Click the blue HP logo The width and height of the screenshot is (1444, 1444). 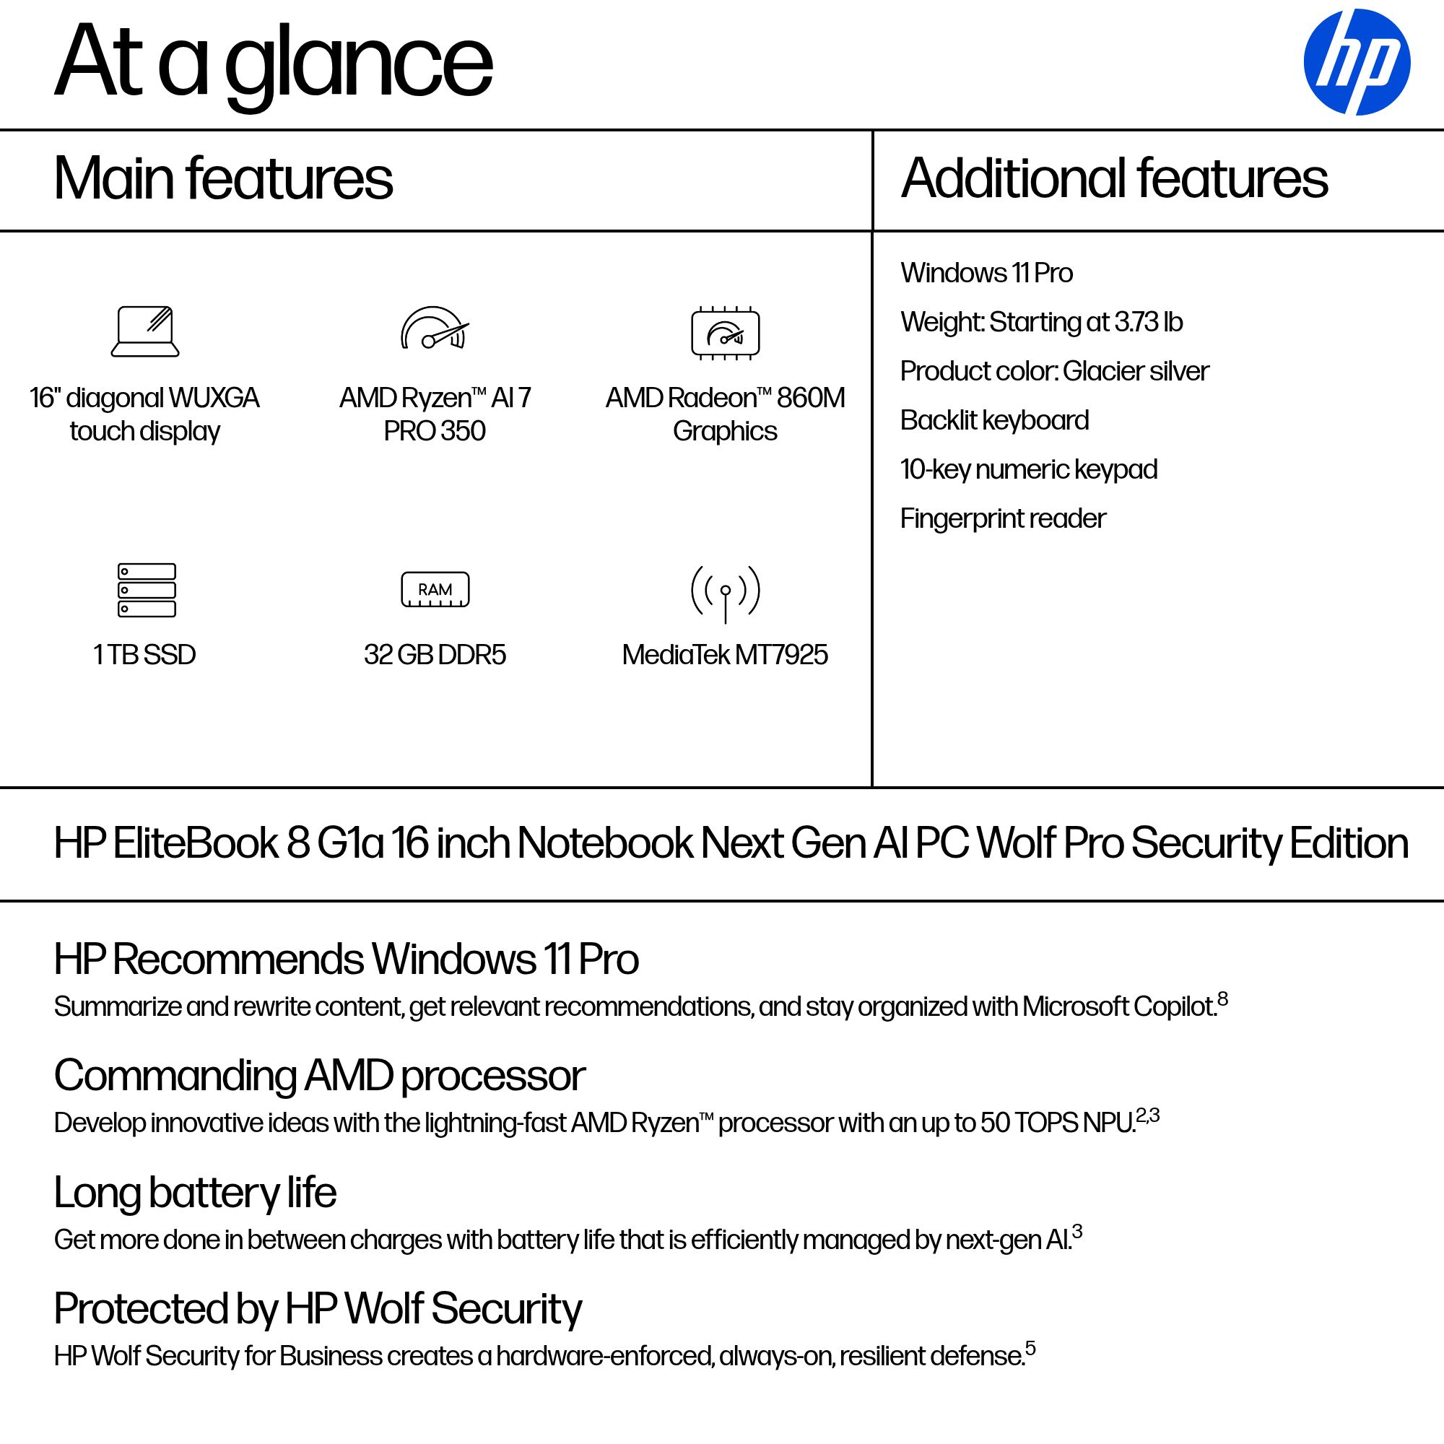point(1357,62)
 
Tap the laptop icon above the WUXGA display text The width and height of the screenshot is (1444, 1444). point(145,331)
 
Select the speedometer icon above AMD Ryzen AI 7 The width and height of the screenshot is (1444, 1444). point(435,329)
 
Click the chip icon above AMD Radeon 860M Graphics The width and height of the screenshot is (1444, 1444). point(725,333)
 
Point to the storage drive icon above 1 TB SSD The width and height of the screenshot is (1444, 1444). point(147,590)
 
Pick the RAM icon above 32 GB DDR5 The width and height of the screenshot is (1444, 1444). point(435,590)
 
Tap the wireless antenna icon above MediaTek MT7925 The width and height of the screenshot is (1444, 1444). point(725,593)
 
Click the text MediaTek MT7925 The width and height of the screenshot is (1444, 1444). point(724,655)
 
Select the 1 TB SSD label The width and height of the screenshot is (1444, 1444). point(144,655)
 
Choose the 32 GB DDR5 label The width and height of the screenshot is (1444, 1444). point(435,655)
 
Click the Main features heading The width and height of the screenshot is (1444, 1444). point(222,178)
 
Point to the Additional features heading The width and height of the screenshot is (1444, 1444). point(1114,178)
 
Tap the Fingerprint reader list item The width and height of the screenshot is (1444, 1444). point(1002,518)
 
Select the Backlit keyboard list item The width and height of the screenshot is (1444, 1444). point(994,421)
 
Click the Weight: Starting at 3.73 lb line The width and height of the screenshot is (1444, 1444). point(1041,322)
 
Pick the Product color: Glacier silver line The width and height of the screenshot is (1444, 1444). point(1054,371)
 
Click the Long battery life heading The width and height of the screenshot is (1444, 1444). point(195,1192)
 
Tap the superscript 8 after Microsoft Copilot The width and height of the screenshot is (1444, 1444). point(1223,999)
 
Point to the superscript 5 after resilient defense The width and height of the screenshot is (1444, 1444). point(1031,1348)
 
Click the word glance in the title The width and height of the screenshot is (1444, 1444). point(359,64)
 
